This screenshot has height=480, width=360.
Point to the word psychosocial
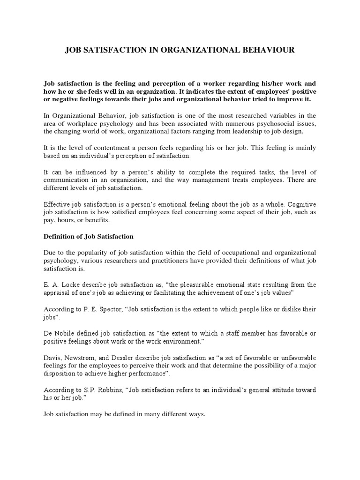(x=269, y=124)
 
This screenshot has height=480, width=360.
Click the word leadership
(x=254, y=132)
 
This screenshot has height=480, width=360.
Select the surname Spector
(x=108, y=309)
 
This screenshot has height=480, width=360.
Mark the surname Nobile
(x=67, y=333)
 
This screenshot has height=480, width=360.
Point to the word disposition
(x=61, y=374)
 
